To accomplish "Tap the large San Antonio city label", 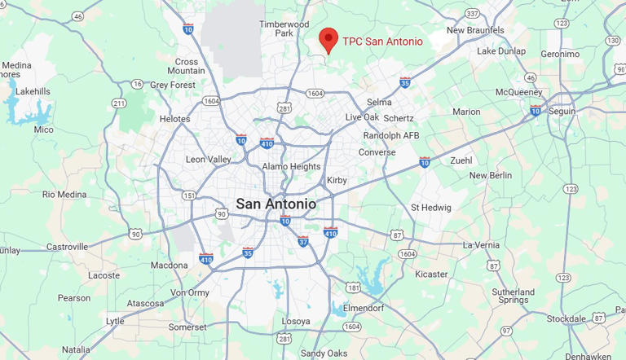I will (x=276, y=204).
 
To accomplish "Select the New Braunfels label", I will (x=475, y=31).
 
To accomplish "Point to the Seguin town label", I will (x=562, y=111).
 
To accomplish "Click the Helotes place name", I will (x=174, y=119).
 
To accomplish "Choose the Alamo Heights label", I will (x=291, y=167).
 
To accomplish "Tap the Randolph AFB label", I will (x=391, y=135).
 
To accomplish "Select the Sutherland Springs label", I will (x=514, y=297).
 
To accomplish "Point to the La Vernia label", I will (x=482, y=244).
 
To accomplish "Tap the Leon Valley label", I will (x=209, y=160).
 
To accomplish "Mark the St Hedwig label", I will (x=430, y=208).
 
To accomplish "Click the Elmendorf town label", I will (x=370, y=309).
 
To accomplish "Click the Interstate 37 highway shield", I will (x=302, y=241).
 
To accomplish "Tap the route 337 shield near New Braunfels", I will (x=472, y=13).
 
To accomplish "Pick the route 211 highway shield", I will (x=120, y=103).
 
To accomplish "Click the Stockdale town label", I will (x=566, y=318).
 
